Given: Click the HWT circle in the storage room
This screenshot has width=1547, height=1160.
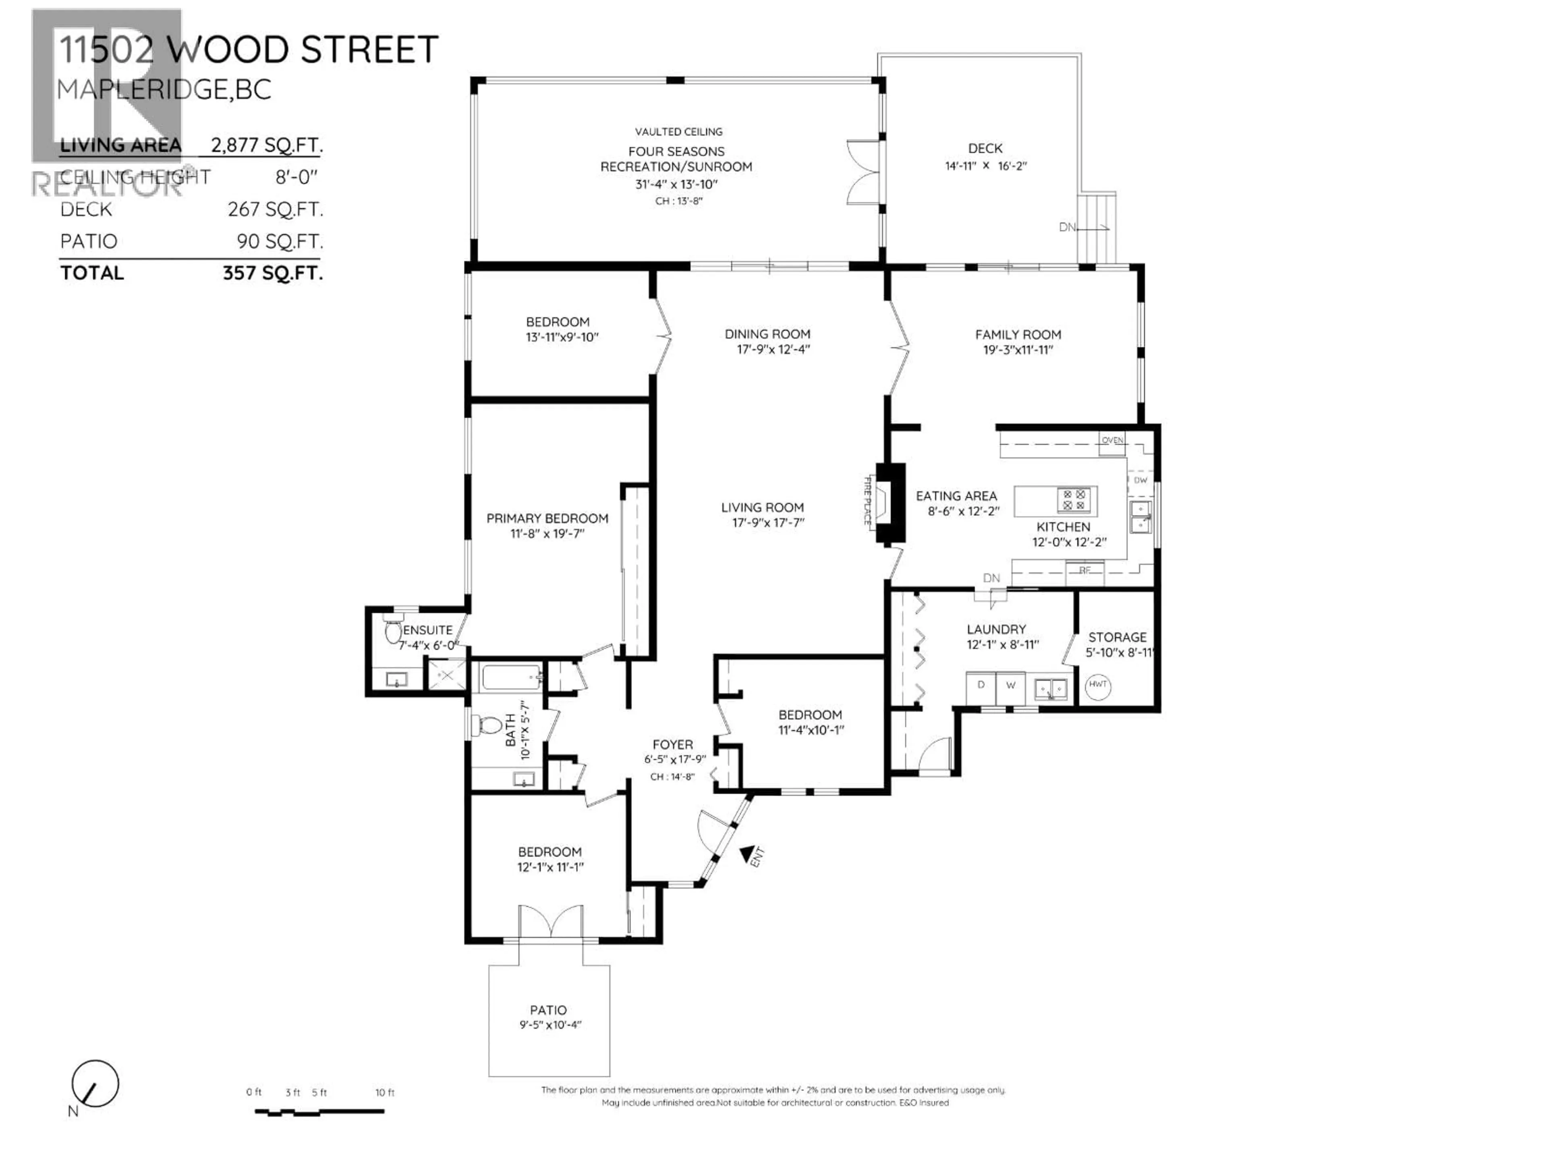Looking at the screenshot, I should (x=1098, y=685).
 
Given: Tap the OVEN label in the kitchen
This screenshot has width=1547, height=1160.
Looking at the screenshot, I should (x=1112, y=440).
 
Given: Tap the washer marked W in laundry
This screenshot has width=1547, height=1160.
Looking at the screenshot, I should (x=1010, y=686).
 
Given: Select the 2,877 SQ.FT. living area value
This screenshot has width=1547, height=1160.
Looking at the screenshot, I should (x=266, y=145).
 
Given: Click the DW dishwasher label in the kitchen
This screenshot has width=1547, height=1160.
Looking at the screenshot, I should (x=1141, y=481).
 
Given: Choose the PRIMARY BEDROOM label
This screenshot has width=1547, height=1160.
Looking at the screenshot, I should (x=547, y=518).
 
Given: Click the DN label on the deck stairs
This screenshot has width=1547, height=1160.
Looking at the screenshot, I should (x=1067, y=227).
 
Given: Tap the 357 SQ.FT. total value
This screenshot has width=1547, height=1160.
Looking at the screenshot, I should (x=273, y=273).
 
